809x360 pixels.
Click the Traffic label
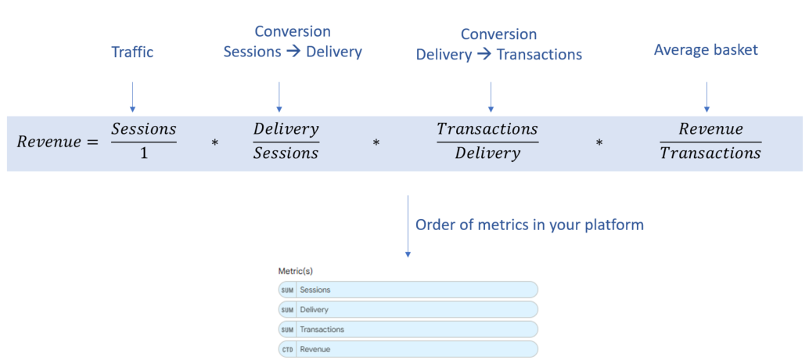tap(132, 52)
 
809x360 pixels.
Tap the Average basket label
tap(706, 50)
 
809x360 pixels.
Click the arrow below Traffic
tap(132, 96)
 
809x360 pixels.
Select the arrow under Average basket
tap(707, 96)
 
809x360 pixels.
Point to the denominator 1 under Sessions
tap(143, 153)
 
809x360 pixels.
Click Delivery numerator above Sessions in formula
tap(286, 129)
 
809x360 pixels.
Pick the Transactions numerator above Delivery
tap(487, 128)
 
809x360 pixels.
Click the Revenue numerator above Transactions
tap(710, 128)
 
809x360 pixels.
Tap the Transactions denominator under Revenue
tap(710, 153)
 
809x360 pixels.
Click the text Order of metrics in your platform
tap(530, 225)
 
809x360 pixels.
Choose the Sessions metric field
tap(408, 290)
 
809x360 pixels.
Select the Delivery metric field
tap(408, 309)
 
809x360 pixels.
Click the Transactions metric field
tap(408, 329)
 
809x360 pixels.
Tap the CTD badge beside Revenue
tap(287, 350)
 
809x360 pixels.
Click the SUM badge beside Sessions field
tap(287, 290)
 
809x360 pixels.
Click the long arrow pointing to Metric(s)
tap(408, 226)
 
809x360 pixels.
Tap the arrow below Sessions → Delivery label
tap(279, 96)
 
